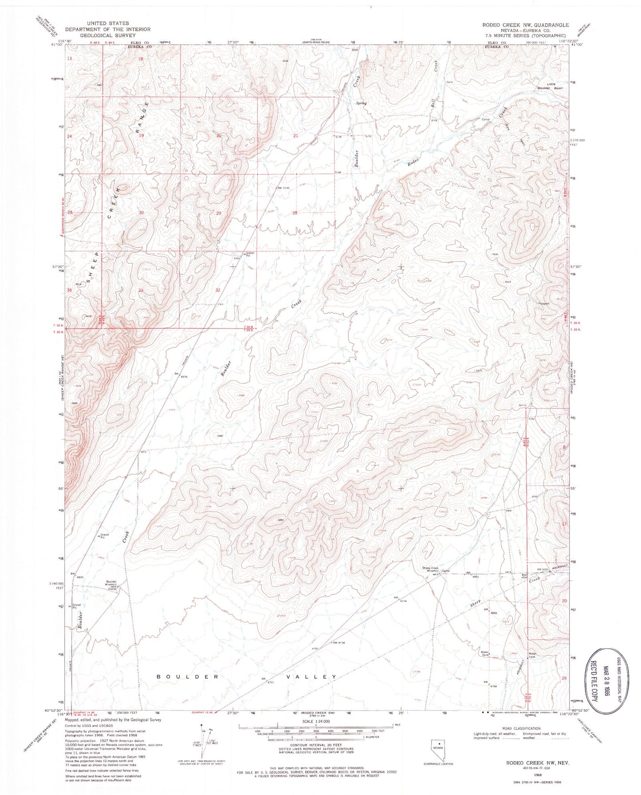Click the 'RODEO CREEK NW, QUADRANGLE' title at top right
tap(523, 25)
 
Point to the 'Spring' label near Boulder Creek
tap(361, 103)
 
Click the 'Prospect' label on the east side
tap(543, 304)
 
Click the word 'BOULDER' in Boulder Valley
tap(188, 676)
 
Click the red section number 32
tap(218, 290)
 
